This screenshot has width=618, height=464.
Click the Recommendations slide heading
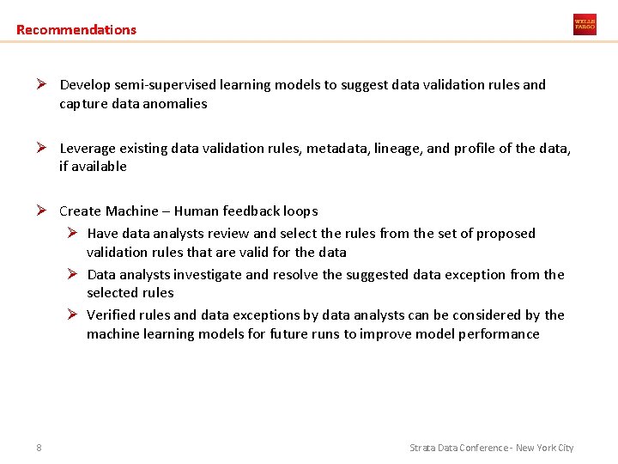point(76,30)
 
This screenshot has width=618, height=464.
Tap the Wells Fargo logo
point(585,24)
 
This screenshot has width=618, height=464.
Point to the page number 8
point(39,447)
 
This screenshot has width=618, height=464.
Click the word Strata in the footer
point(423,448)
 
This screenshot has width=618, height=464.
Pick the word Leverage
point(88,149)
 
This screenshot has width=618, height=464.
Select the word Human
point(196,211)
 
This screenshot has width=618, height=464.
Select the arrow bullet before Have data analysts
point(75,234)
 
